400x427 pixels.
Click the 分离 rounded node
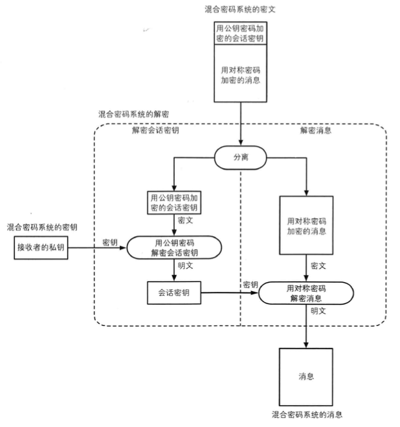(x=241, y=157)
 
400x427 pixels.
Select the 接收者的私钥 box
(x=41, y=248)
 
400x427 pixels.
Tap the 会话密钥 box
(x=173, y=293)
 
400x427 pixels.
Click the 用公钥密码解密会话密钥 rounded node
(x=174, y=247)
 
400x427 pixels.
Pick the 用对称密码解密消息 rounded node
(x=306, y=292)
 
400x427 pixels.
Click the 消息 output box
(x=306, y=376)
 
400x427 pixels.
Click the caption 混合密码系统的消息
(x=306, y=414)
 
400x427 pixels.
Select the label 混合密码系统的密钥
(x=42, y=227)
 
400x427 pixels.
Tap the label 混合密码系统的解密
(x=130, y=114)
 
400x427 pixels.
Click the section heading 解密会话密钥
(x=155, y=130)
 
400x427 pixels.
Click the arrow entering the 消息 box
(x=306, y=327)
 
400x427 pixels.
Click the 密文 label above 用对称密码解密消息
(x=318, y=266)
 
